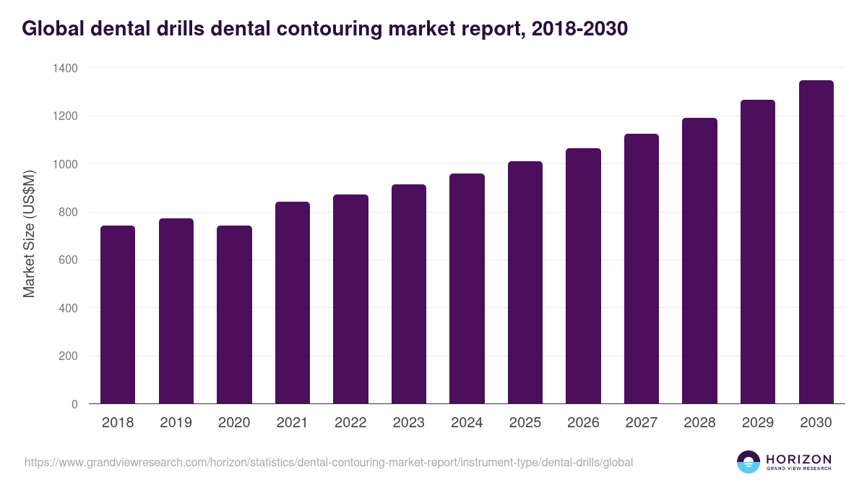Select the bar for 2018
click(x=118, y=314)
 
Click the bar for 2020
click(x=234, y=314)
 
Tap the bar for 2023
click(x=408, y=294)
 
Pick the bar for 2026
click(x=583, y=276)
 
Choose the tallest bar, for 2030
click(x=816, y=242)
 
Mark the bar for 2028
click(x=699, y=261)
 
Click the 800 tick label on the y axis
click(x=67, y=213)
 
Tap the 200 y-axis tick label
click(x=67, y=356)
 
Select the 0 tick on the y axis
click(x=74, y=404)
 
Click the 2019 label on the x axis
click(x=176, y=423)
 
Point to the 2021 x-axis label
click(x=292, y=423)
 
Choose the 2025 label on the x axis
click(x=525, y=423)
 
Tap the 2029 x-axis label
click(x=757, y=423)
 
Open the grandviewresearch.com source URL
click(x=329, y=462)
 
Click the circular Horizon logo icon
click(x=748, y=462)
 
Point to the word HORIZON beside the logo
click(x=798, y=458)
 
